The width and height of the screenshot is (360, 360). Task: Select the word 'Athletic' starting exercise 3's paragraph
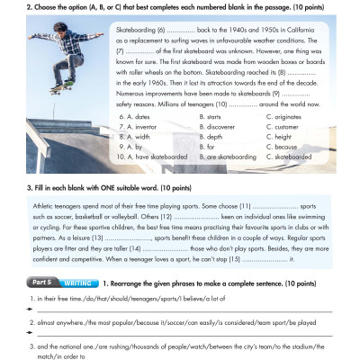pyautogui.click(x=40, y=207)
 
